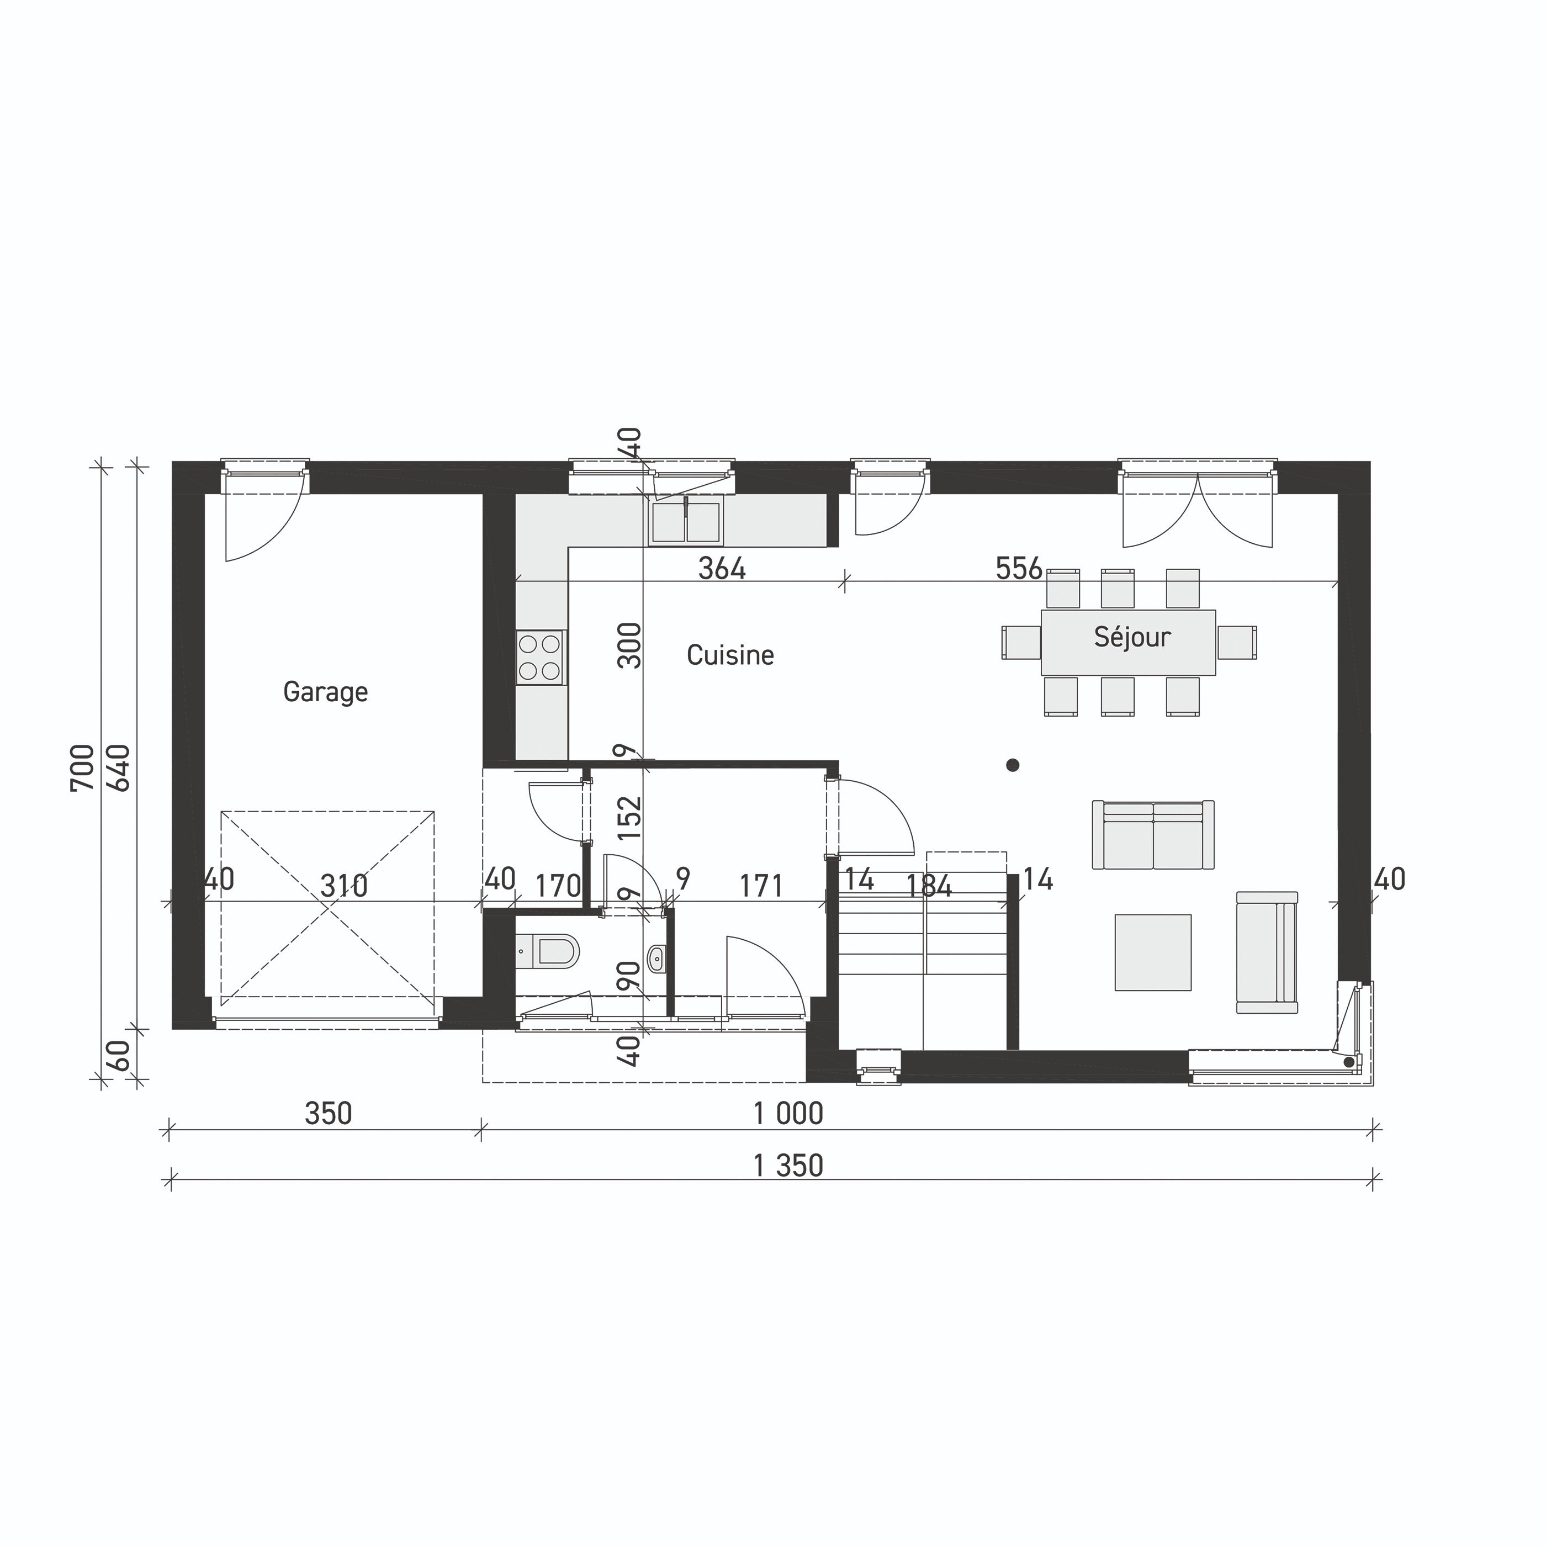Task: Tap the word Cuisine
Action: pos(730,655)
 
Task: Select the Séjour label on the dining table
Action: pos(1131,637)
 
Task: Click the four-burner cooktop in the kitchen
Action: pos(539,657)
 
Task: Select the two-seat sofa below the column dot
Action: pos(1153,835)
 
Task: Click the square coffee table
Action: pos(1153,953)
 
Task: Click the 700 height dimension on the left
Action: pos(82,767)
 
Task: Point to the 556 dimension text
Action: pos(1019,568)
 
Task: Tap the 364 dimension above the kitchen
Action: pos(722,568)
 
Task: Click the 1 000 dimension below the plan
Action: pos(788,1114)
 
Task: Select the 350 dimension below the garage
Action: pos(328,1114)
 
